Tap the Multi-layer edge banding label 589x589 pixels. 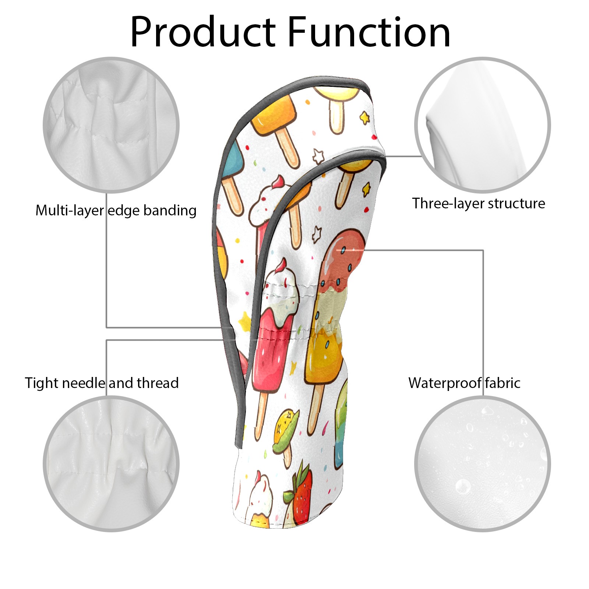116,211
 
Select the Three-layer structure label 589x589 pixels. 478,204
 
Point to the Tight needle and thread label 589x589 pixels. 102,383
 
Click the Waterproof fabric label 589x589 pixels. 464,383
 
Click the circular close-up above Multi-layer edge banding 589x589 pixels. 111,125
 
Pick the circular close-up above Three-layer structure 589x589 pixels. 482,125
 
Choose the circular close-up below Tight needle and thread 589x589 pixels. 111,463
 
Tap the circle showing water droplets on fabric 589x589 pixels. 482,463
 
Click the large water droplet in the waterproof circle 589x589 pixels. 462,486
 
